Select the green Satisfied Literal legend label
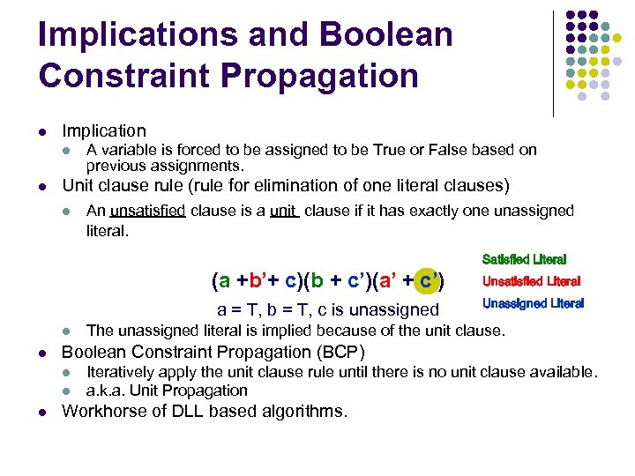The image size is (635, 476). coord(524,259)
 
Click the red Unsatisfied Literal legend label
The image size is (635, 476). coord(531,281)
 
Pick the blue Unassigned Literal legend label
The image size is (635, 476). coord(533,303)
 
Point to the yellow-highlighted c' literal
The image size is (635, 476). coord(429,281)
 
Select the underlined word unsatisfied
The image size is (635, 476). coord(147,211)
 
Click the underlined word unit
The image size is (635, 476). coord(283,211)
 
